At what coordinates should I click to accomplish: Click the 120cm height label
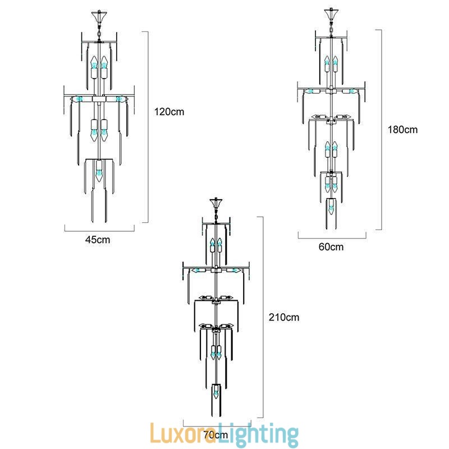coord(169,112)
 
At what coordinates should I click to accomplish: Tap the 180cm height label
coord(402,129)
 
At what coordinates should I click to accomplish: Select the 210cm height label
coord(284,317)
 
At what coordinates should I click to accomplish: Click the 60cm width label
coord(331,246)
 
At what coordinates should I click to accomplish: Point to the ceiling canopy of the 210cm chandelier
coord(216,202)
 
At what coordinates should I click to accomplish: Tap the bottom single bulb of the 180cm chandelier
coord(331,208)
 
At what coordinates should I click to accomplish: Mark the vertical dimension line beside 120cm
coord(148,126)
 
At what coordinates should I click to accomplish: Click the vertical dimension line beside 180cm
coord(382,129)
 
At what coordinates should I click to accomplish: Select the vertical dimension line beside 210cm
coord(262,317)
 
